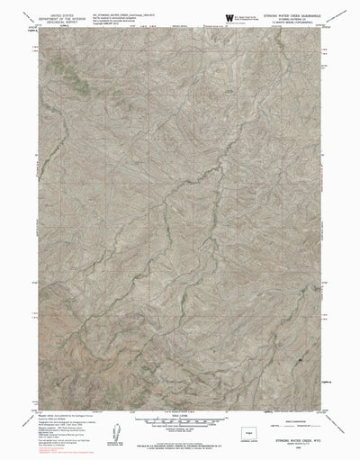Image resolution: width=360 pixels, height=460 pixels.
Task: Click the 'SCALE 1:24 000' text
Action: [x=179, y=410]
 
